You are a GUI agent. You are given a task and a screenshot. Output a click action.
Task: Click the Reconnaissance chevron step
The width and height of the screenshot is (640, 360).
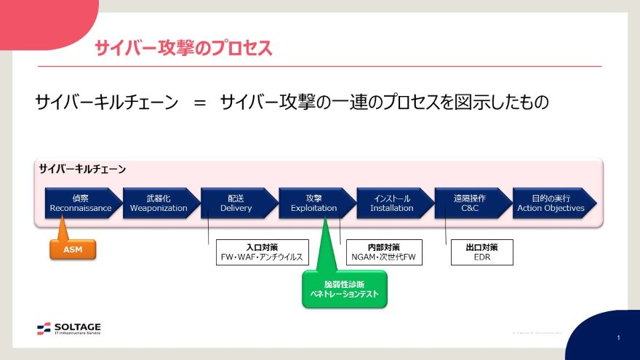pos(81,203)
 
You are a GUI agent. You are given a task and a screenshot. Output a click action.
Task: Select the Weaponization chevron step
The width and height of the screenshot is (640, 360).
pos(159,203)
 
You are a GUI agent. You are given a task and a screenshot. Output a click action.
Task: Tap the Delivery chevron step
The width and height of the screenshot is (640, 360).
pos(236,203)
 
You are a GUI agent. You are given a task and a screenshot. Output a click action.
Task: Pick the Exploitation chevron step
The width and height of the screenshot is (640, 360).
pos(314,203)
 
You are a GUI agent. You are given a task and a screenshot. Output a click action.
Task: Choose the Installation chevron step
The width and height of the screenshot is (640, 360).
pos(391,203)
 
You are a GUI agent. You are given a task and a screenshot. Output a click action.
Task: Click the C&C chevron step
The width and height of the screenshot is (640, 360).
pos(470,203)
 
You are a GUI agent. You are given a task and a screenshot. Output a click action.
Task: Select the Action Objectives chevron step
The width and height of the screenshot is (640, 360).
pos(551,203)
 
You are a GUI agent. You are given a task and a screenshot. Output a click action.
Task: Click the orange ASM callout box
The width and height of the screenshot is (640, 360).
pos(73,249)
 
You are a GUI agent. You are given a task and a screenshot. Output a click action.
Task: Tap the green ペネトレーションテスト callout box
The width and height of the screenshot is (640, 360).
pos(345,289)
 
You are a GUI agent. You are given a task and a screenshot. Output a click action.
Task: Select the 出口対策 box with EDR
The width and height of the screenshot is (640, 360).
pos(482,252)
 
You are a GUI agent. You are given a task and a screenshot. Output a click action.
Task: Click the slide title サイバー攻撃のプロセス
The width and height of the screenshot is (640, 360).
pos(183,49)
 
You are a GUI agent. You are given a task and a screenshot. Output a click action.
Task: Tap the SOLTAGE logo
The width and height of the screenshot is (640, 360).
pos(69,329)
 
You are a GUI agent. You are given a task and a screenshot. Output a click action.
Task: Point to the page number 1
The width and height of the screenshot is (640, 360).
pos(618,338)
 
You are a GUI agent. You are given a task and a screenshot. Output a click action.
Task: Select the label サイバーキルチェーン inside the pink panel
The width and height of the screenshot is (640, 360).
pos(82,169)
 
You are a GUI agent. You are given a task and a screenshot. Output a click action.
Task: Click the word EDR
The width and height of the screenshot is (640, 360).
pos(482,257)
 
